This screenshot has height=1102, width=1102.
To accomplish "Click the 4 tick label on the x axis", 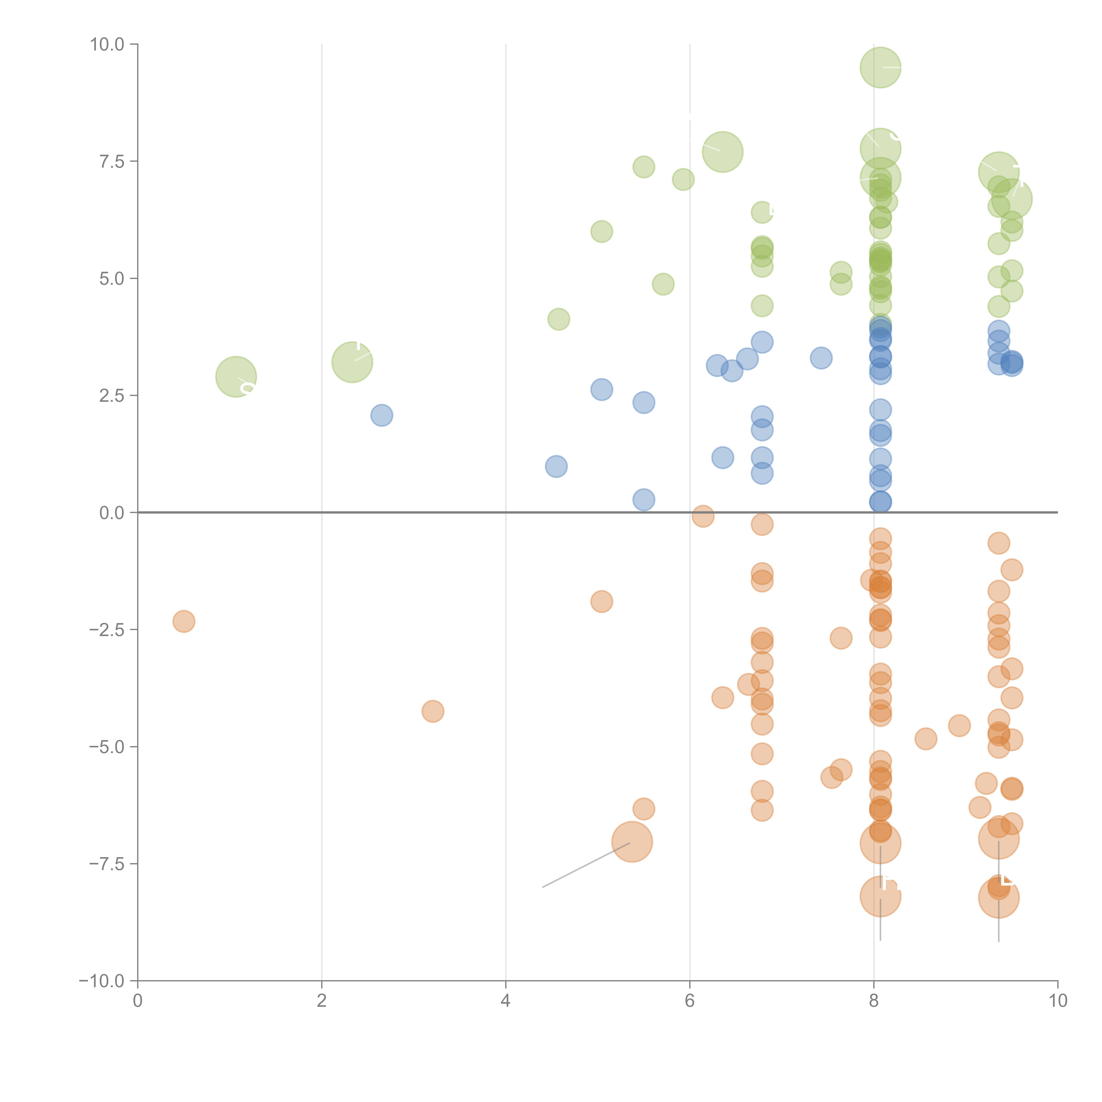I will [505, 1001].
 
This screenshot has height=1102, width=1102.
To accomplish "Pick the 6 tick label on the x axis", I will [690, 1001].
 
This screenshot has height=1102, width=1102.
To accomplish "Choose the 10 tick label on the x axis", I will [1057, 1001].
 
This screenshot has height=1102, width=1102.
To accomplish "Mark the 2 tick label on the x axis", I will [322, 1001].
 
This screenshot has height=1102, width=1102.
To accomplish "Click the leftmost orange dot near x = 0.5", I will [184, 621].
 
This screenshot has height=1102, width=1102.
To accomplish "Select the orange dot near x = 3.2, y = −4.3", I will [433, 711].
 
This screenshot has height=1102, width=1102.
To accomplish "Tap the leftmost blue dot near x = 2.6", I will [382, 415].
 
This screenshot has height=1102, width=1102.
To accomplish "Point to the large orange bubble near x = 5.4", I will [632, 842].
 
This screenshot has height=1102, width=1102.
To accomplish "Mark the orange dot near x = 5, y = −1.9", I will [601, 601].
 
